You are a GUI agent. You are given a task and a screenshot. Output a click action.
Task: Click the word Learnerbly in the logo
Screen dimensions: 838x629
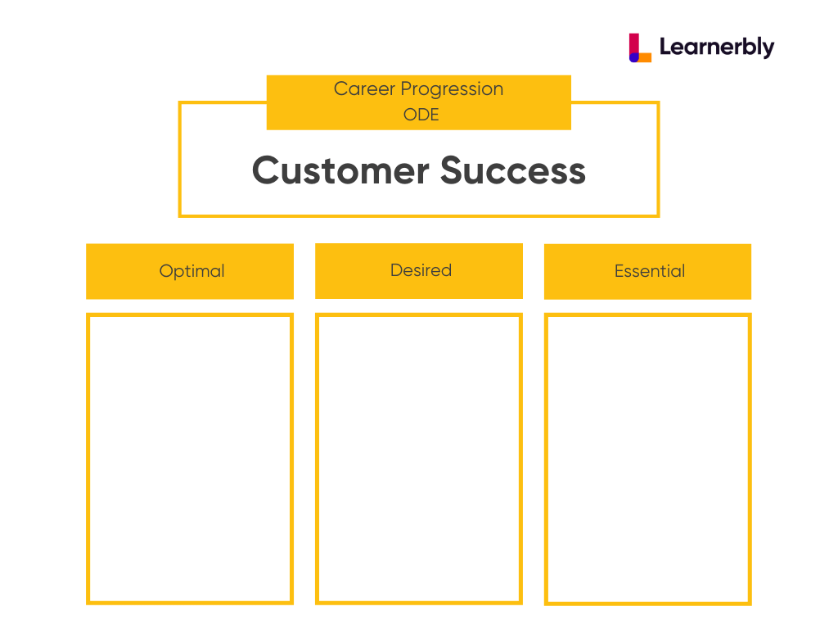[717, 47]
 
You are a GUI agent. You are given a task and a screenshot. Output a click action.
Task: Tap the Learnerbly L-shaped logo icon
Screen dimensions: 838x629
[640, 48]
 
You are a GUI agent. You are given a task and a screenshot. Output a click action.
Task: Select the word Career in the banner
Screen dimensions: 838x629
[364, 88]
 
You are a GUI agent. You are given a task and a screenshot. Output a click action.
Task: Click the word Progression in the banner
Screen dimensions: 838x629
[452, 89]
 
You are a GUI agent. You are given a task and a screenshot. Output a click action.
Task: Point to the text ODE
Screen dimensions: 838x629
[421, 115]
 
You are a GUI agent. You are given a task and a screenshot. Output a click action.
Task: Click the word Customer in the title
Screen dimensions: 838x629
[340, 170]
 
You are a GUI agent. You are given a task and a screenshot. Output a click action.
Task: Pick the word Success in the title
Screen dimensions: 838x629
[513, 170]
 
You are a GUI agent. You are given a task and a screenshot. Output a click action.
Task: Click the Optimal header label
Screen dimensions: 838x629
[191, 271]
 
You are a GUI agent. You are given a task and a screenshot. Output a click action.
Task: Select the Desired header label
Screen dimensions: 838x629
[421, 270]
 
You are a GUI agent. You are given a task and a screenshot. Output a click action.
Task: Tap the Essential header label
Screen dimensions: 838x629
[649, 271]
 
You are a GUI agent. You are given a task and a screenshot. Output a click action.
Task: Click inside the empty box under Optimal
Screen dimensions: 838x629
[190, 459]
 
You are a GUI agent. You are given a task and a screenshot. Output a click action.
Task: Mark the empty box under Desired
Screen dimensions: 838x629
[419, 459]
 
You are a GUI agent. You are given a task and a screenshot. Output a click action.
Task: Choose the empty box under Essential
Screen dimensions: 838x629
[648, 459]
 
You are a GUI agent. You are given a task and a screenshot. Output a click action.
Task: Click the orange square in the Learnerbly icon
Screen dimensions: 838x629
[645, 57]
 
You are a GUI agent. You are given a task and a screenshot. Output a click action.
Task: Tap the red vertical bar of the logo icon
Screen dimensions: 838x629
[634, 44]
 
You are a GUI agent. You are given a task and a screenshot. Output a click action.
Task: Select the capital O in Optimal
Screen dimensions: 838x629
[166, 270]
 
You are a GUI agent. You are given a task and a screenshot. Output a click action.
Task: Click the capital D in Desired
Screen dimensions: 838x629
[397, 270]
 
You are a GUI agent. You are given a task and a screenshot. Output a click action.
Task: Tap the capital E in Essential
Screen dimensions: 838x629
[619, 271]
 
